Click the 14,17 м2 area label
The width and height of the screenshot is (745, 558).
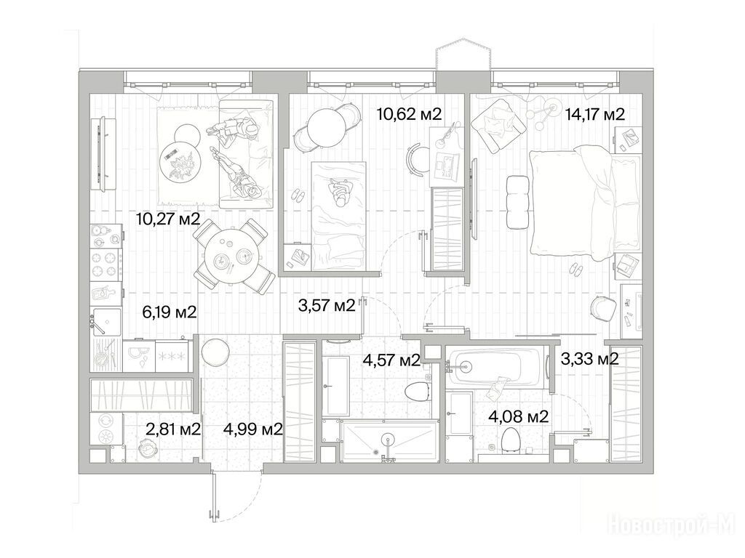pyautogui.click(x=594, y=114)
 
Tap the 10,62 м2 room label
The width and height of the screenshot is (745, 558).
pyautogui.click(x=409, y=114)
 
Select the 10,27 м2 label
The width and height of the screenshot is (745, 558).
pyautogui.click(x=168, y=219)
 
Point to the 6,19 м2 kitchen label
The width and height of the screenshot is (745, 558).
pyautogui.click(x=169, y=312)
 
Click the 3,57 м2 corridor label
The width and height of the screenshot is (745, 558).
pyautogui.click(x=327, y=306)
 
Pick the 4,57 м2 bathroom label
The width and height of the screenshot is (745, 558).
pyautogui.click(x=391, y=360)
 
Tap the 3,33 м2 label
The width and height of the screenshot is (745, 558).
pyautogui.click(x=589, y=359)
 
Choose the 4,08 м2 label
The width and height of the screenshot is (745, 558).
pyautogui.click(x=519, y=416)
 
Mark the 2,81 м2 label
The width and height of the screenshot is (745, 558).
pyautogui.click(x=173, y=429)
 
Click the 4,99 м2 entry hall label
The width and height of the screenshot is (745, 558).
pyautogui.click(x=253, y=429)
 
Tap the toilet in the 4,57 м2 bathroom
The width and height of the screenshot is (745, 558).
pyautogui.click(x=418, y=391)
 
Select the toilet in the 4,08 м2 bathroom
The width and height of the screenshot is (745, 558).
pyautogui.click(x=511, y=438)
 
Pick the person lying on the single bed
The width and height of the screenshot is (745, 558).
pyautogui.click(x=340, y=193)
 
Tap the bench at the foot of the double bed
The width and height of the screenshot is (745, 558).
pyautogui.click(x=518, y=202)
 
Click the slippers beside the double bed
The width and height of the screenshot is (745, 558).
pyautogui.click(x=576, y=270)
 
